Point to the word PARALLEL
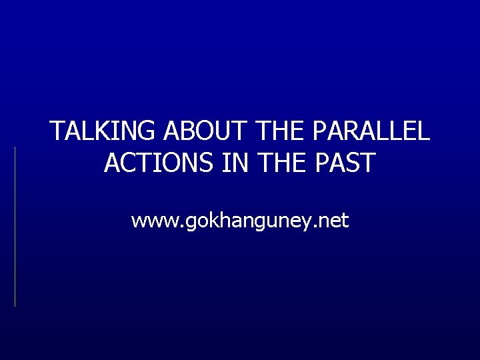pos(369,132)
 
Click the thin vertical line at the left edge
pos(15,227)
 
